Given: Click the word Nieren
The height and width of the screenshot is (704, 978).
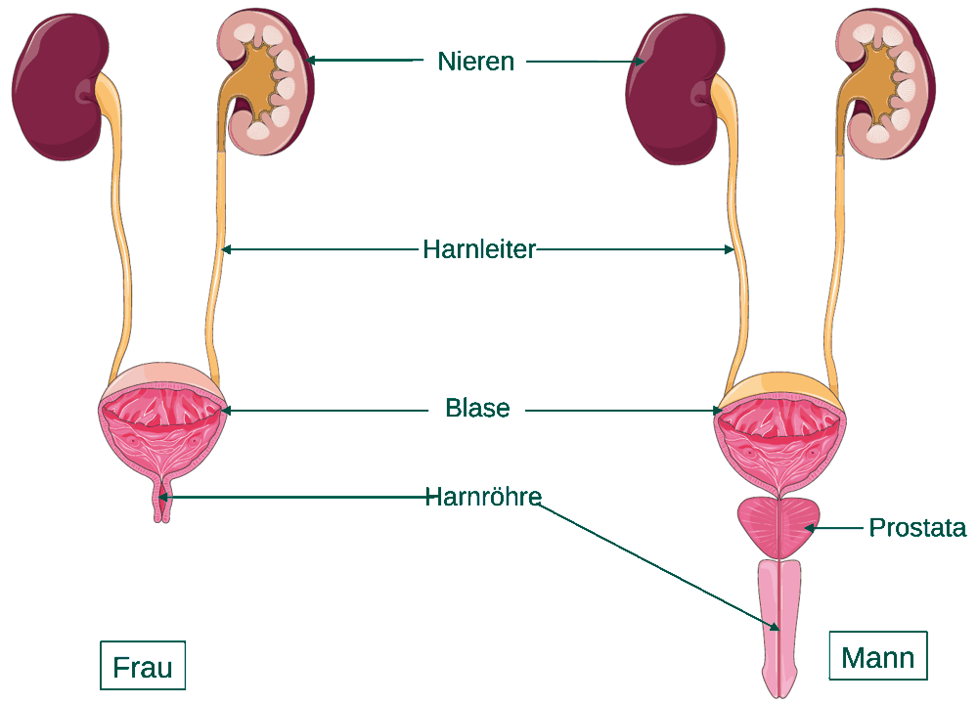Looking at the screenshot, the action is (x=476, y=62).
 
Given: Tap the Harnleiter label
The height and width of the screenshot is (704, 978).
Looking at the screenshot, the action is (x=479, y=249).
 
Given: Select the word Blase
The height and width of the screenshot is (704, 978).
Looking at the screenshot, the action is (x=477, y=409).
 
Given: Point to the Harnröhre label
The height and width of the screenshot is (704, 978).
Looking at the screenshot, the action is (x=483, y=497).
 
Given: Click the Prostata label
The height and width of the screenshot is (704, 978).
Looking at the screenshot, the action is (x=917, y=528).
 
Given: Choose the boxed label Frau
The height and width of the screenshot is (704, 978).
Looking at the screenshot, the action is (x=143, y=666).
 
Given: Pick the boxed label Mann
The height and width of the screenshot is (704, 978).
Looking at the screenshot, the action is (x=877, y=657).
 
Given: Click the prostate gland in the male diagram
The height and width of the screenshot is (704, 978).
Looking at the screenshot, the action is (x=779, y=528).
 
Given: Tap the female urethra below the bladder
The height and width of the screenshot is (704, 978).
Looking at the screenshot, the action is (x=162, y=500).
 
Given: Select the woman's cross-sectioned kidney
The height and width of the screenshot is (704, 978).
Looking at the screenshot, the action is (x=268, y=81).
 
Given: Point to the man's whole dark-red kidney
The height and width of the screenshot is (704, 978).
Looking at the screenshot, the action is (x=674, y=90).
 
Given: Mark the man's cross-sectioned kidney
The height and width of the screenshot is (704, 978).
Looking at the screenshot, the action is (x=886, y=82).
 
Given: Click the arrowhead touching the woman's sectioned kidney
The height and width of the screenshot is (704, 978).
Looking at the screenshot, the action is (x=311, y=61).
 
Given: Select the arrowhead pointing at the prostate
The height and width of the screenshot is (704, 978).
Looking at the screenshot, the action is (x=809, y=528).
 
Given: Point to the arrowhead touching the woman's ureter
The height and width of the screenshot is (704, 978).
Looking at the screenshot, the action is (x=227, y=249).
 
